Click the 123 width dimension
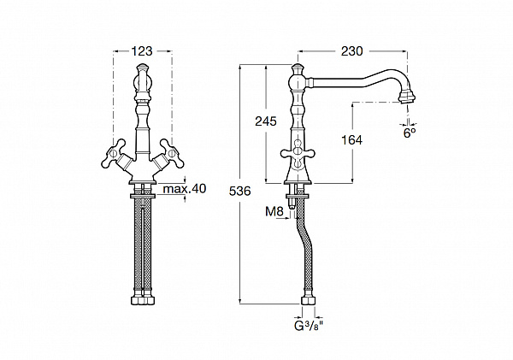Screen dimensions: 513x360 pyautogui.click(x=142, y=51)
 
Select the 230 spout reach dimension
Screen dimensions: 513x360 pyautogui.click(x=351, y=51)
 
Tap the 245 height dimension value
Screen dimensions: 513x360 pyautogui.click(x=266, y=121)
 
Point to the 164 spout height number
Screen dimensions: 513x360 pyautogui.click(x=351, y=140)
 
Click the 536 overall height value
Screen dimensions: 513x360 pyautogui.click(x=239, y=191)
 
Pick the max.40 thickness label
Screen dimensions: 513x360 pyautogui.click(x=185, y=189)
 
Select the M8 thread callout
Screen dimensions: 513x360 pyautogui.click(x=274, y=212)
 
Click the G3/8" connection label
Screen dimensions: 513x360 pyautogui.click(x=309, y=326)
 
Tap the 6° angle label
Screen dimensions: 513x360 pyautogui.click(x=410, y=133)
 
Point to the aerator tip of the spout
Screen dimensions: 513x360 pyautogui.click(x=408, y=97)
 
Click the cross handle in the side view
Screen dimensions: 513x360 pyautogui.click(x=298, y=153)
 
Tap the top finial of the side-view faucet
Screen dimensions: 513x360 pyautogui.click(x=298, y=68)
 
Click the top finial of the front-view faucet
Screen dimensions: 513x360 pyautogui.click(x=142, y=68)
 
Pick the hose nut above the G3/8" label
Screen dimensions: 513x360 pyautogui.click(x=308, y=301)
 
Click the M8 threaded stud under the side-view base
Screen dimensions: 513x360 pyautogui.click(x=292, y=204)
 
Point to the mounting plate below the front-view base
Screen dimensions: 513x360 pyautogui.click(x=142, y=196)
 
